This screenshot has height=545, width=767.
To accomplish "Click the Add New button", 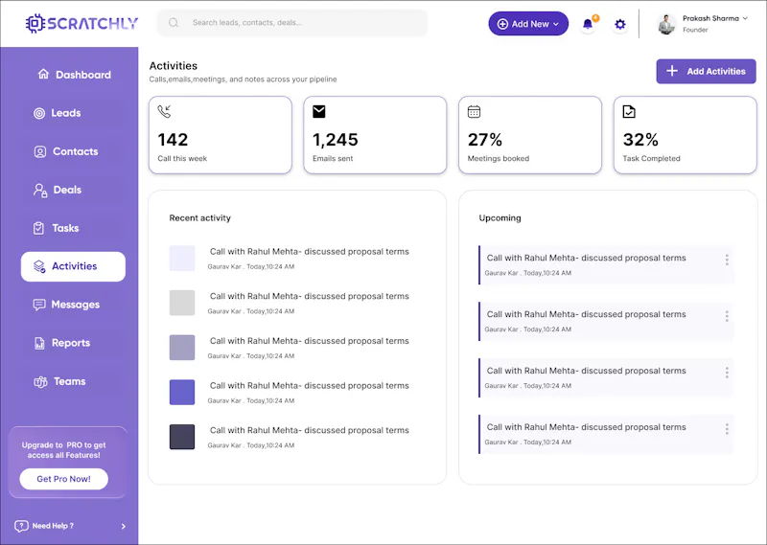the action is click(x=528, y=23).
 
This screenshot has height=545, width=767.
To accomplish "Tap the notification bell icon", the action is click(x=588, y=24).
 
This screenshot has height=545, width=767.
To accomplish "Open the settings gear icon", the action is click(x=619, y=24).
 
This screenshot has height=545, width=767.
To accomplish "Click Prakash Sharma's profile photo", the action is click(x=666, y=24).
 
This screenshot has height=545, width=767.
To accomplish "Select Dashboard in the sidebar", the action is click(x=75, y=75).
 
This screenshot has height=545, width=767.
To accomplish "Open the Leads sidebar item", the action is click(x=58, y=113).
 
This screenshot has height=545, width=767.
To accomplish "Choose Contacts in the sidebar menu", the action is click(x=66, y=151).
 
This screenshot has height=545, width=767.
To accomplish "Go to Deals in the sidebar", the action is click(x=58, y=190).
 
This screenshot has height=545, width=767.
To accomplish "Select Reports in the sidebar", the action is click(x=62, y=343).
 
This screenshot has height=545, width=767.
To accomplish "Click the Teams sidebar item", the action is click(x=59, y=381).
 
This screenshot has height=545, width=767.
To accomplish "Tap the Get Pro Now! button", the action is click(x=63, y=479).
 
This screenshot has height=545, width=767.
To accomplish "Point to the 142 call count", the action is click(x=173, y=140).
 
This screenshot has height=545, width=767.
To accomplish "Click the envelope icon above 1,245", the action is click(x=319, y=111).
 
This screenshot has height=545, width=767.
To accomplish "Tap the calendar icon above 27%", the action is click(x=474, y=111).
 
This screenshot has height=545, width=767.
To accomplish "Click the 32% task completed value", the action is click(x=640, y=140).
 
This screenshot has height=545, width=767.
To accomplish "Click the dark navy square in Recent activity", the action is click(x=182, y=437).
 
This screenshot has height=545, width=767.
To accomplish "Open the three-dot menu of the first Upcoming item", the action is click(x=727, y=260).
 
